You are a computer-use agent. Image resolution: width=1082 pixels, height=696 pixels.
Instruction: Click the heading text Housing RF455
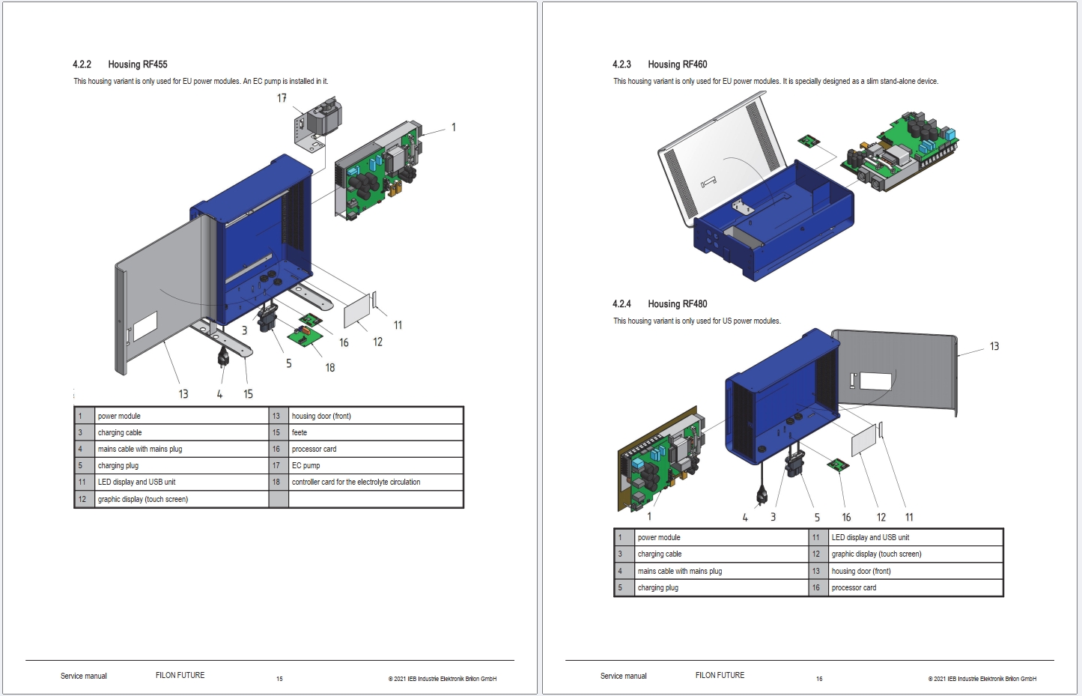(x=137, y=64)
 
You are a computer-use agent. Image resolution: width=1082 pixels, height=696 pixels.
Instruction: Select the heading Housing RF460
(x=677, y=64)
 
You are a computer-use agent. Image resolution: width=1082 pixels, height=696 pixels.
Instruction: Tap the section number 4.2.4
(x=621, y=304)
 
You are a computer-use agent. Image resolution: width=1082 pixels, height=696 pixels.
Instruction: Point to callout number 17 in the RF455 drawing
(x=282, y=98)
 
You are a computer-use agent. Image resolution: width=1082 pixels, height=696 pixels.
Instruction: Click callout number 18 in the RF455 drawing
(x=330, y=368)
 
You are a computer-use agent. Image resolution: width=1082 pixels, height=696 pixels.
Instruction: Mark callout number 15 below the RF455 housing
(x=248, y=394)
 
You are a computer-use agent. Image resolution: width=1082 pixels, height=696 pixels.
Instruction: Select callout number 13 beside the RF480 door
(x=994, y=346)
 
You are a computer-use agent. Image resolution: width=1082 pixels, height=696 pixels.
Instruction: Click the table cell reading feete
(x=300, y=433)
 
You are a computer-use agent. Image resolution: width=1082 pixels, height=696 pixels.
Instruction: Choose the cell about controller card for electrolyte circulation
(x=356, y=482)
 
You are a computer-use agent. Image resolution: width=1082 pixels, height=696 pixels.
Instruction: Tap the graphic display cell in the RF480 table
(x=876, y=554)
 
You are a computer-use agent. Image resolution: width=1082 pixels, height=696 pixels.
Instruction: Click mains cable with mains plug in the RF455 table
(x=140, y=450)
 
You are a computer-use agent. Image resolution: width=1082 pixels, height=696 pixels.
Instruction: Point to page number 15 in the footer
(x=279, y=679)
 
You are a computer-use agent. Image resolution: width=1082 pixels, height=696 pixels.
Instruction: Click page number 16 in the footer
(x=819, y=679)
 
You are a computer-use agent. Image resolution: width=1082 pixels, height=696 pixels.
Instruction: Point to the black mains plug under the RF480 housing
(x=762, y=495)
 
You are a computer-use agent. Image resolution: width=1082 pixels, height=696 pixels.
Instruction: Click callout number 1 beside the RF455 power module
(x=453, y=127)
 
